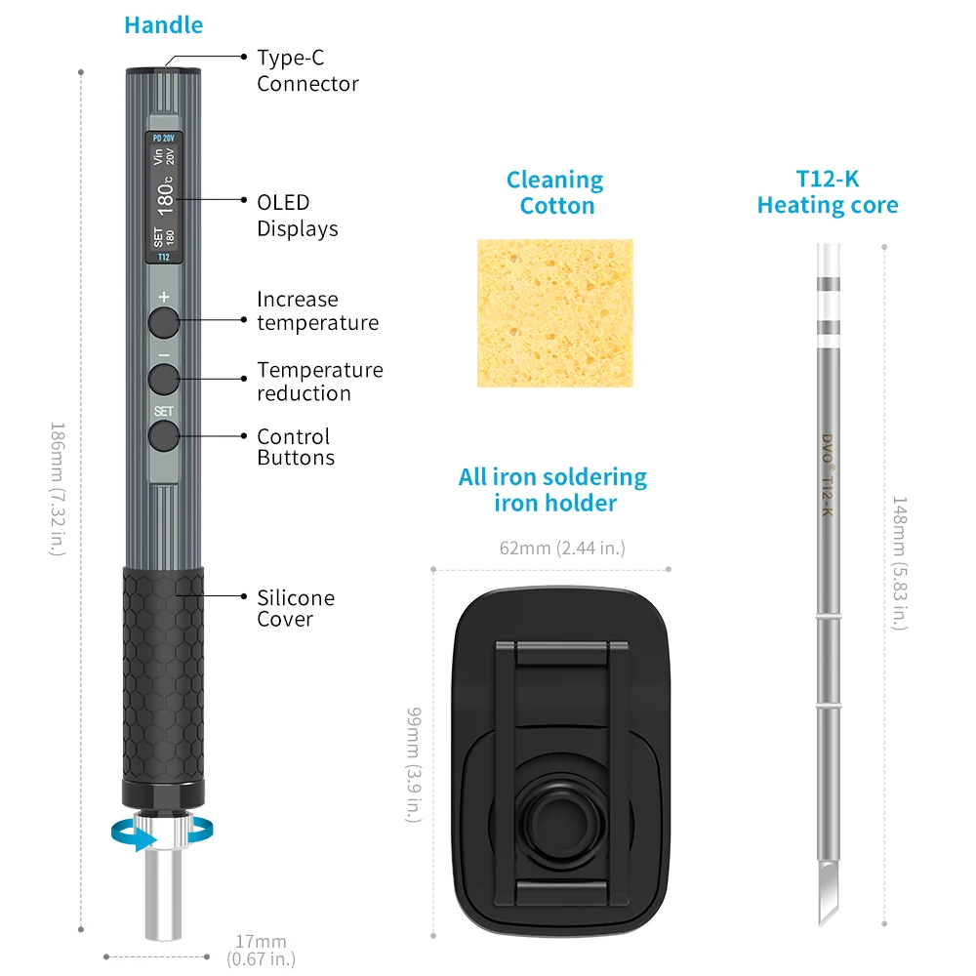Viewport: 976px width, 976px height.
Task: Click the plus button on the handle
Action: pyautogui.click(x=163, y=320)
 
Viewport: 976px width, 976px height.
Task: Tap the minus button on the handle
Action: pyautogui.click(x=163, y=378)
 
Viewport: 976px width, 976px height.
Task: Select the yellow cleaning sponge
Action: pyautogui.click(x=554, y=312)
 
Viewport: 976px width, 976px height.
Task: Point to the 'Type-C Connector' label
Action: pyautogui.click(x=307, y=71)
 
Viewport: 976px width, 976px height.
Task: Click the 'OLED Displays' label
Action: pyautogui.click(x=298, y=216)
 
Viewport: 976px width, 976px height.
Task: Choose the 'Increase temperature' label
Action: pyautogui.click(x=317, y=311)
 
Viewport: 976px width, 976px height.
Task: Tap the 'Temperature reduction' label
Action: pyautogui.click(x=319, y=382)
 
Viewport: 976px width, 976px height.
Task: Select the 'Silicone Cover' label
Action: pyautogui.click(x=296, y=608)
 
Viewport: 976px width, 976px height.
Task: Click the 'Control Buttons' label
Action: pyautogui.click(x=296, y=447)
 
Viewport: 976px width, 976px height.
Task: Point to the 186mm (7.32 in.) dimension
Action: pyautogui.click(x=57, y=488)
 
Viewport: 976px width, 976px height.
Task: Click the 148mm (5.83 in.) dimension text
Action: pyautogui.click(x=900, y=562)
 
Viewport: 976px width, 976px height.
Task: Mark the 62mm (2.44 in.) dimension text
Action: pyautogui.click(x=562, y=548)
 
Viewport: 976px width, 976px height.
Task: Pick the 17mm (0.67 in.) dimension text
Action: pyautogui.click(x=262, y=950)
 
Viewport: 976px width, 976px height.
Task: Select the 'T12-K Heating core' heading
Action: pyautogui.click(x=828, y=192)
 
